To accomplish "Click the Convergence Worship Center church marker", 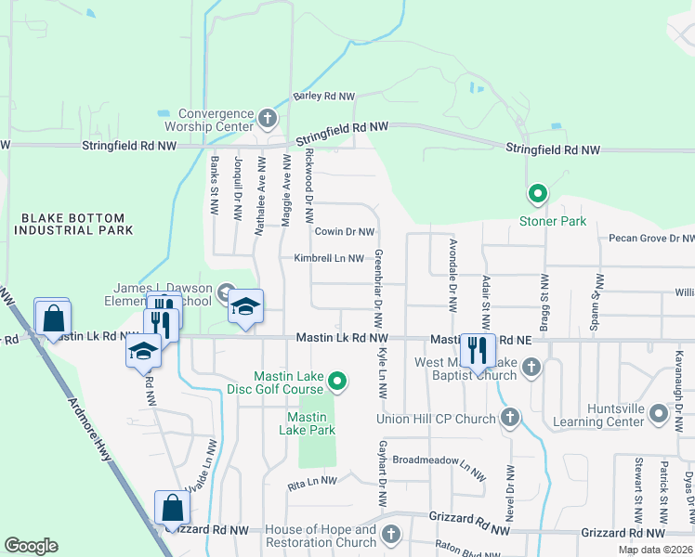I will click(268, 118).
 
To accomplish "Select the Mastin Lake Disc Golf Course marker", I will click(339, 380).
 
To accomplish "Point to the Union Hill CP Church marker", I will click(509, 419).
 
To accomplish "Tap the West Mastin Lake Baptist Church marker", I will click(531, 367).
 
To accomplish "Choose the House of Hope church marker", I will click(391, 534).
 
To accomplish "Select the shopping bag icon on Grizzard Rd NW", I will click(172, 508).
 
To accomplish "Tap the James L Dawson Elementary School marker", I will click(226, 295).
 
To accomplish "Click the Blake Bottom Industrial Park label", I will click(74, 223).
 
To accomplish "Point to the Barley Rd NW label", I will click(324, 96).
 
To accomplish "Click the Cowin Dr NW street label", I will click(344, 232).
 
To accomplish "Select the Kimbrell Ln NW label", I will click(328, 258).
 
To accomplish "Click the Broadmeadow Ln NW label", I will click(439, 464).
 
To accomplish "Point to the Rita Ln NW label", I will click(311, 481).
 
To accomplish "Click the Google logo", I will click(32, 546).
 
